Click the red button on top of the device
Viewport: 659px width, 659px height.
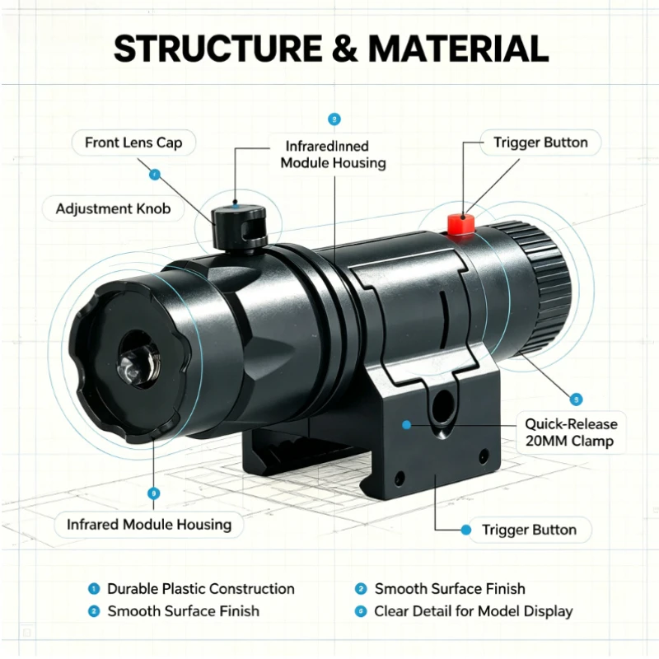click(460, 224)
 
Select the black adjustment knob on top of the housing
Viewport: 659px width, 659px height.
click(239, 227)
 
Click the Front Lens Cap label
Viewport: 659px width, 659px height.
click(133, 143)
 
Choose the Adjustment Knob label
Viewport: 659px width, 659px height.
click(113, 209)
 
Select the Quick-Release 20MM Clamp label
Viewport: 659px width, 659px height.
click(571, 432)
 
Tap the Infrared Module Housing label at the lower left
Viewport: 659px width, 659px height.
click(149, 525)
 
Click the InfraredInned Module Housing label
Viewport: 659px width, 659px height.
click(333, 155)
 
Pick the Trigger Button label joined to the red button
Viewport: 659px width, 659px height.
click(540, 143)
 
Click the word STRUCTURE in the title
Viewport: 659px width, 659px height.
click(217, 49)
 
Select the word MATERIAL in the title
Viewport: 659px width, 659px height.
click(459, 49)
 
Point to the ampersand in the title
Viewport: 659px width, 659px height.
click(344, 49)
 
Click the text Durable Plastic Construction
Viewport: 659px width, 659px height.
click(201, 589)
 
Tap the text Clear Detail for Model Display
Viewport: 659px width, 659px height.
click(473, 611)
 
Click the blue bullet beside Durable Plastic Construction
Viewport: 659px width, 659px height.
click(93, 589)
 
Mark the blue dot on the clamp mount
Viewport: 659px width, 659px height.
click(406, 425)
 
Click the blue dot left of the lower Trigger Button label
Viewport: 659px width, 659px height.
click(465, 530)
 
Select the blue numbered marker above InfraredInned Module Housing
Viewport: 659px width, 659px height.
click(334, 119)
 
